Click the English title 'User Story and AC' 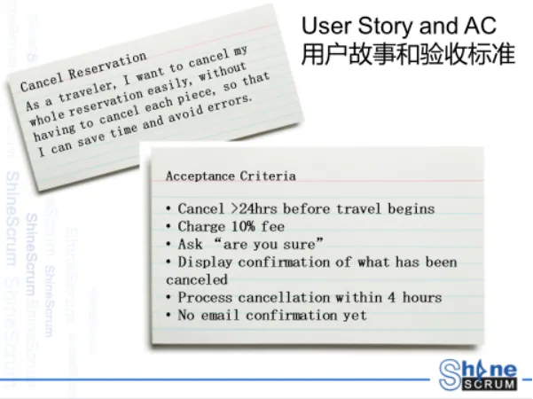coord(399,26)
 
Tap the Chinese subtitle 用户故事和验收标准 coord(408,54)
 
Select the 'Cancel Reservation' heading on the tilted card coord(83,72)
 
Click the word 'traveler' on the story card coord(86,90)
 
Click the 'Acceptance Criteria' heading coord(231,176)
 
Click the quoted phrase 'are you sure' coord(270,244)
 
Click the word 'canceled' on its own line coord(197,279)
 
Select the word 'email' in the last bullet coord(220,315)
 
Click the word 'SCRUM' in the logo coord(490,385)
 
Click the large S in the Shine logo coord(450,374)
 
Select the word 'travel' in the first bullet coord(358,208)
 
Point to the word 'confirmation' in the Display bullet coord(284,262)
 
